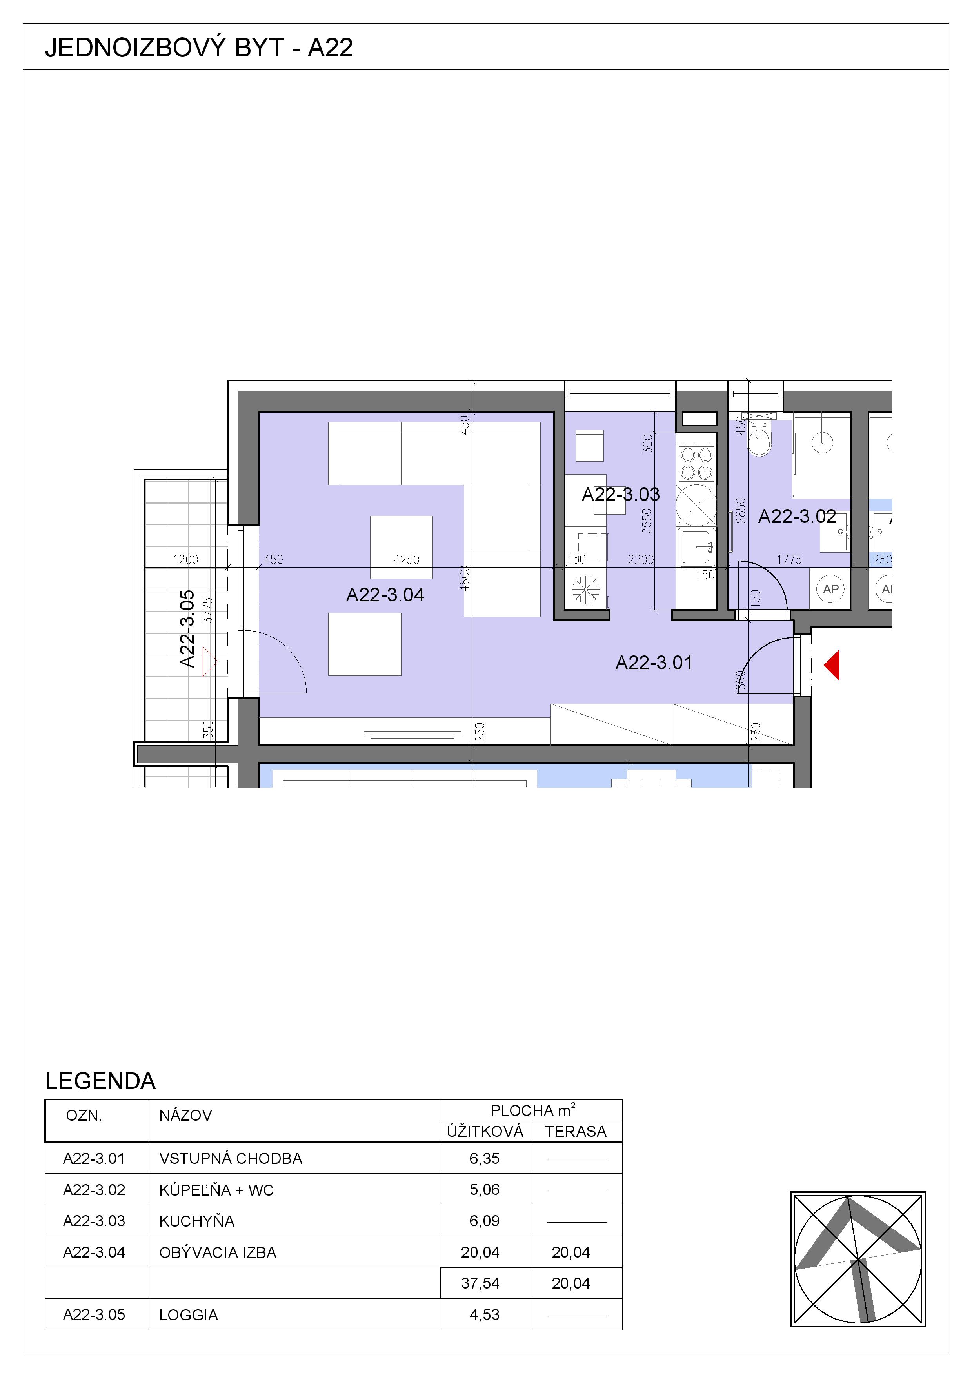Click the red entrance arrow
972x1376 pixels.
tap(832, 665)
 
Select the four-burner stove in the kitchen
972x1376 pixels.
tap(696, 464)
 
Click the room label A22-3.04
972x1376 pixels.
tap(385, 595)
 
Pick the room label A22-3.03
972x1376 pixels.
tap(621, 494)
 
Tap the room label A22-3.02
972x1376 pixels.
tap(797, 516)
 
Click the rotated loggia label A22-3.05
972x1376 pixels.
tap(187, 629)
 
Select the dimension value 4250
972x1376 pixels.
tap(406, 560)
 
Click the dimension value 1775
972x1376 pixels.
tap(789, 560)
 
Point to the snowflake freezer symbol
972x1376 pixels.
tap(586, 589)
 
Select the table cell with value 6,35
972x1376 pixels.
tap(485, 1158)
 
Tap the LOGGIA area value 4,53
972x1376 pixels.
tap(485, 1314)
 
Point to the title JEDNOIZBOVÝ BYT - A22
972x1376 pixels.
tap(199, 47)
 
